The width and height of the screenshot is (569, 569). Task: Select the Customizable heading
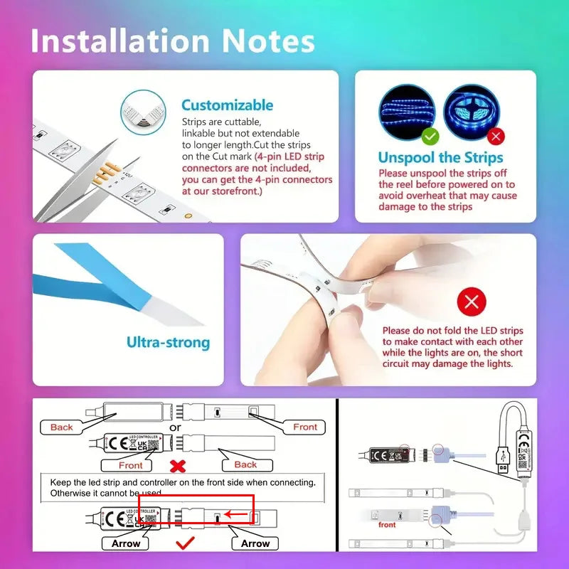pos(227,105)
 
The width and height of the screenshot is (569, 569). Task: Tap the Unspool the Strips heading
pos(440,158)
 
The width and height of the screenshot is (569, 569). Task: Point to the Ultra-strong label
pos(169,343)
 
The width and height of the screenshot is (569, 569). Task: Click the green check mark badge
pos(430,135)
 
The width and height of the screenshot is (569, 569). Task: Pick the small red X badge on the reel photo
pos(496,135)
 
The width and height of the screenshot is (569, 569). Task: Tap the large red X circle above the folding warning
pos(471,302)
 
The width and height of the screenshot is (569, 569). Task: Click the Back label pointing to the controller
pos(62,427)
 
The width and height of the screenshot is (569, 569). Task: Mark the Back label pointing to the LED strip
pos(245,464)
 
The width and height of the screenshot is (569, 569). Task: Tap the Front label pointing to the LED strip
pos(305,427)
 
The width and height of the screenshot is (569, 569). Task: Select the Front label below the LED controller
pos(131,465)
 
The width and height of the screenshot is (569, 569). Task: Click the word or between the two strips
pos(175,427)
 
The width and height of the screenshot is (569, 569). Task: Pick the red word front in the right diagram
pos(388,525)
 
